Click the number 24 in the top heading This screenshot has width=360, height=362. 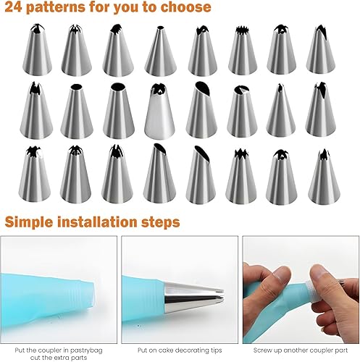[13, 7]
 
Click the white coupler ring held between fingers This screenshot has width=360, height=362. [313, 290]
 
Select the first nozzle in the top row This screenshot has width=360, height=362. [37, 50]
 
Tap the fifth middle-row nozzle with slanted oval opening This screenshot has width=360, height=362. [201, 109]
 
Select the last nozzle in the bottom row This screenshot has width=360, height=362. [324, 177]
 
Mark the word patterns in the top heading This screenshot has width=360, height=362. [56, 7]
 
